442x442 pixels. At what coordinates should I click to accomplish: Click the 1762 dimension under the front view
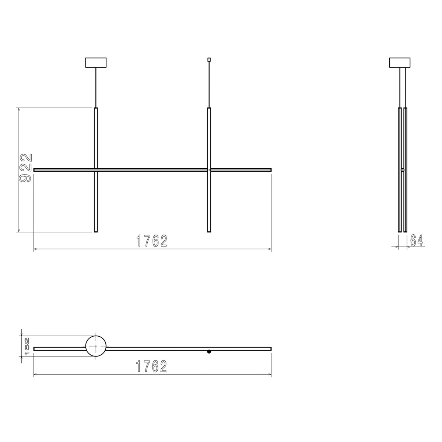pos(152,241)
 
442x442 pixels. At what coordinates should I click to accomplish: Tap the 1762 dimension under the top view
pos(152,366)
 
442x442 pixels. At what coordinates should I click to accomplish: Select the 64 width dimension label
pos(416,241)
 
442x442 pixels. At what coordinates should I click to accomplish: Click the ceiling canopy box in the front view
pos(96,63)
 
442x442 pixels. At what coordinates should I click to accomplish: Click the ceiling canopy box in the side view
pos(400,63)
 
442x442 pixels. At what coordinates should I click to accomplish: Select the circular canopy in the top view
pos(96,346)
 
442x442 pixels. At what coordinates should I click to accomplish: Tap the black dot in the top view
pos(209,352)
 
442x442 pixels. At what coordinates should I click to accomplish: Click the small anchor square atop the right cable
pos(209,59)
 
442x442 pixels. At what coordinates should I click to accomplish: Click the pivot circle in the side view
pos(403,170)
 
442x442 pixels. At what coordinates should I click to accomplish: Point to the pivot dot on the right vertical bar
pos(209,170)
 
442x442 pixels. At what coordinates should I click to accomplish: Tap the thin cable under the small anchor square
pos(209,85)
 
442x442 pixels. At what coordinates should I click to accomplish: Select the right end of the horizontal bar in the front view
pos(270,170)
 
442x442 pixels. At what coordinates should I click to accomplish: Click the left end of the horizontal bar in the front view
pos(35,170)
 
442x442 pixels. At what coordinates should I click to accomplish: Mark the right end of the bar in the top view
pos(270,348)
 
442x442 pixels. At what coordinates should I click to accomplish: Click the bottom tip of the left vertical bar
pos(96,231)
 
